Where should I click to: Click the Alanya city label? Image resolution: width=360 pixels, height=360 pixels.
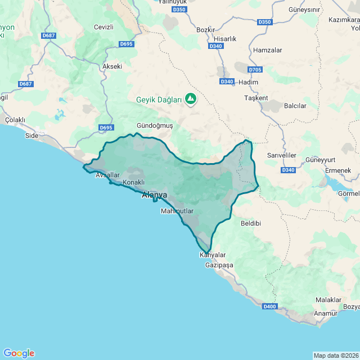point(154,195)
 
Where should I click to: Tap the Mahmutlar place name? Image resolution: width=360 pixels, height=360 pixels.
point(177,211)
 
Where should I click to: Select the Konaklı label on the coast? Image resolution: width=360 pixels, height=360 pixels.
point(134,182)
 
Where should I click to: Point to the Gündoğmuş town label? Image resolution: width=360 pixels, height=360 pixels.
point(155,125)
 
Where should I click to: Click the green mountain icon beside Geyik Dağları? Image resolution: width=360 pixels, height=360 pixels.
point(191,99)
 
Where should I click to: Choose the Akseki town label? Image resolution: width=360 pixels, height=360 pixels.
point(112,66)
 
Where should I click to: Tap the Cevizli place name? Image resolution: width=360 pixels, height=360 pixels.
point(103,27)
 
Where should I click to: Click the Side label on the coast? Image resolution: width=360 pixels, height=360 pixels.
point(32,136)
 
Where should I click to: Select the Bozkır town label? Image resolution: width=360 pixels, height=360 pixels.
point(206,29)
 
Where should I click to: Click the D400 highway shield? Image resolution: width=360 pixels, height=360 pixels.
point(269,306)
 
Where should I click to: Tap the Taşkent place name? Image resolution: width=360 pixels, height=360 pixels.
point(256,98)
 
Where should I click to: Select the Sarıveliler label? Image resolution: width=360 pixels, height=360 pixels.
point(281,155)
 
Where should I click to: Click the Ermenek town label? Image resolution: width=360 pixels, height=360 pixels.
point(338,170)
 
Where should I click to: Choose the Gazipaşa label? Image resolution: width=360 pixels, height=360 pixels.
point(219,264)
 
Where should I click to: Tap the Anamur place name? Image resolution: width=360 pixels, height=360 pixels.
point(326,313)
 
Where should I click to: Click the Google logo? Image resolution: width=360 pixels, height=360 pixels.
point(19,353)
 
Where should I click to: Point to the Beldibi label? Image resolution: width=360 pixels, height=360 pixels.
point(251,223)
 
